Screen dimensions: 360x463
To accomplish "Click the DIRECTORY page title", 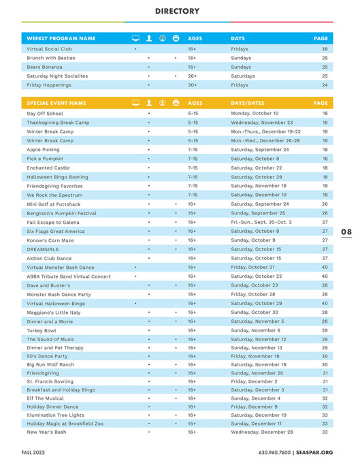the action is coord(177,11).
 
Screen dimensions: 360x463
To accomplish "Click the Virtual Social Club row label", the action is coord(48,49).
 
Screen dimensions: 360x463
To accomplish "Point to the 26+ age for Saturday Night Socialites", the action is coord(192,76).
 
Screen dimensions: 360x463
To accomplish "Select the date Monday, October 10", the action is coord(255,113).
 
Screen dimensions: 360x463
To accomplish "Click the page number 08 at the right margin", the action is coord(346,232).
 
